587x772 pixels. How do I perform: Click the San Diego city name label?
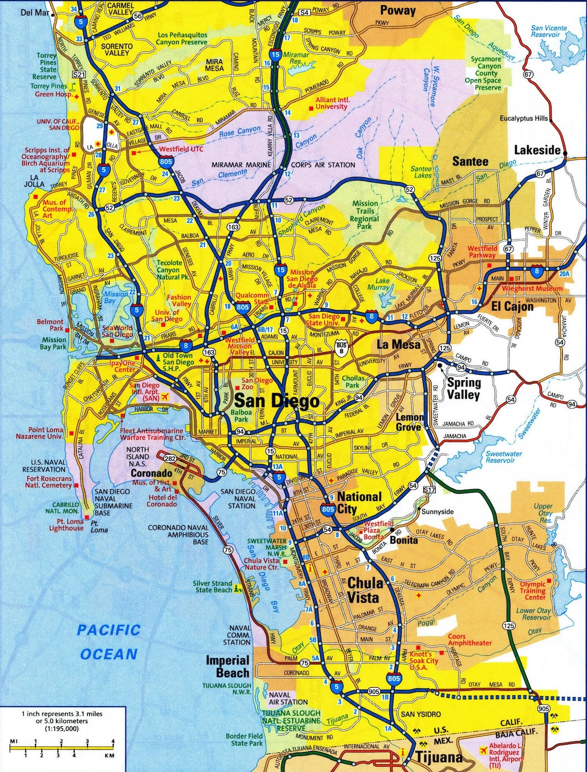click(277, 401)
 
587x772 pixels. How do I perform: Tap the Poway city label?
click(398, 10)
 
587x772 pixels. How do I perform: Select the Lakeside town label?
click(537, 150)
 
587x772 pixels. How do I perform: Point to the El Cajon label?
click(512, 307)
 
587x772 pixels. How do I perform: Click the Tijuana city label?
click(439, 757)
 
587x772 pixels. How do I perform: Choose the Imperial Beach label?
click(228, 667)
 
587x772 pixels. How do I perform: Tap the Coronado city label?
click(151, 473)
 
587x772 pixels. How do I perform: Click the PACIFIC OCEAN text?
click(109, 642)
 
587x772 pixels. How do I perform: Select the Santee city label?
click(470, 161)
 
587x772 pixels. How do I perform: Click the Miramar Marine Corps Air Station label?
click(283, 165)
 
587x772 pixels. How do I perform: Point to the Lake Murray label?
click(382, 284)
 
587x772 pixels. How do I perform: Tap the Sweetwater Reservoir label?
click(504, 457)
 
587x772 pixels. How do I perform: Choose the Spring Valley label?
click(463, 389)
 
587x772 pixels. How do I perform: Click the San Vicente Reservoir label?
click(549, 31)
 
